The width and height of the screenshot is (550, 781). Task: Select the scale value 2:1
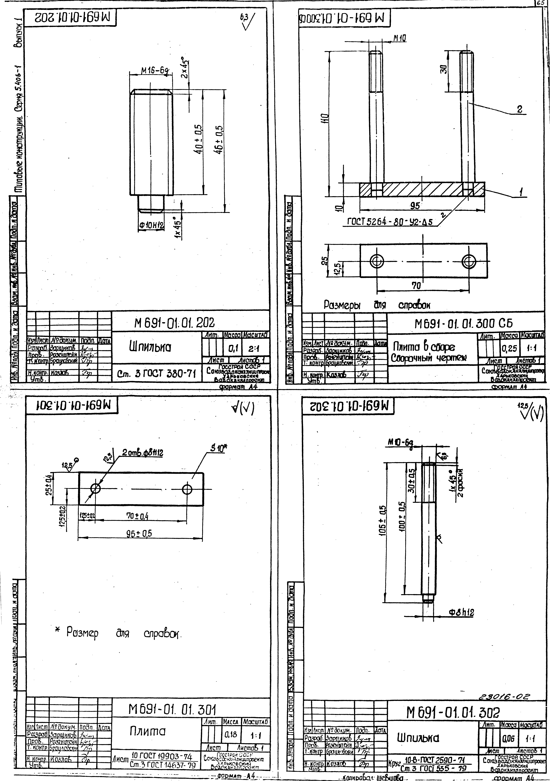tap(254, 349)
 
